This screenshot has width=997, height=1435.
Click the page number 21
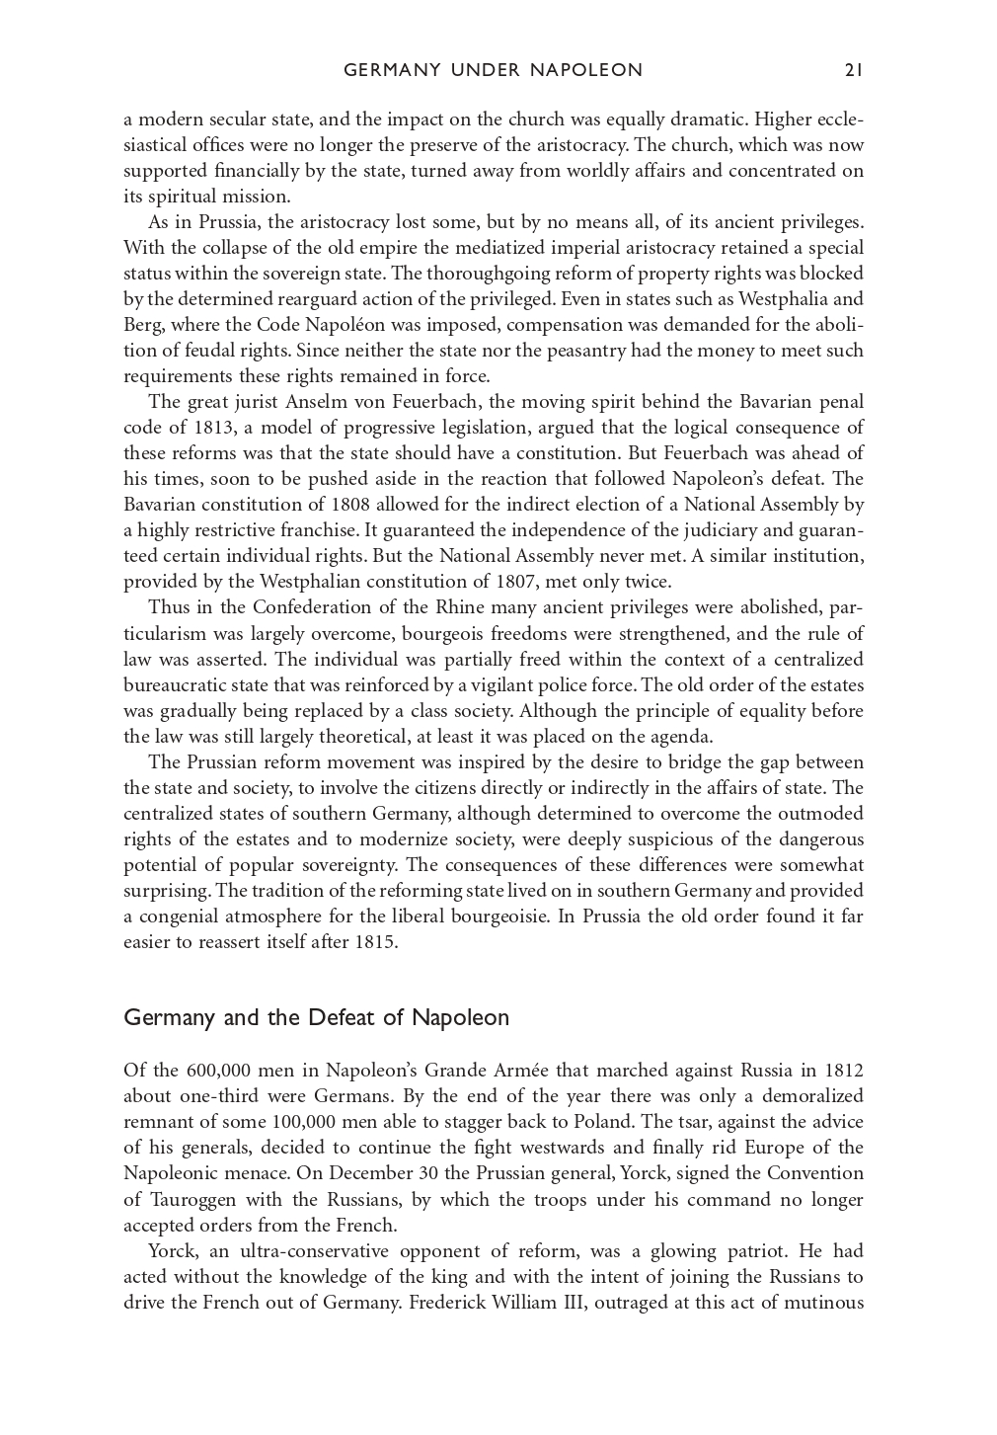coord(854,70)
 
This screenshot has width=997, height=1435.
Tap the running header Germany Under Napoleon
coord(493,70)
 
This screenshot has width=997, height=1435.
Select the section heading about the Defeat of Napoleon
coord(316,1018)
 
